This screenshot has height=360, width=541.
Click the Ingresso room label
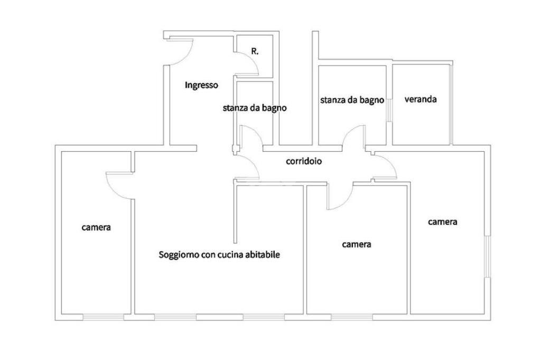[201, 85]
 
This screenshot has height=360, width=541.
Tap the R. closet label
[255, 52]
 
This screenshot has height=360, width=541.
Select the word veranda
[421, 99]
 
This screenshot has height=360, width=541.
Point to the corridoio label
[304, 161]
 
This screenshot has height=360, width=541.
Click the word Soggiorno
[179, 255]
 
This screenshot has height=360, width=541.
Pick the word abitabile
[260, 255]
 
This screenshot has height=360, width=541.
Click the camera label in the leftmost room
[96, 227]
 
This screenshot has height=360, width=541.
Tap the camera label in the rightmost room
[442, 222]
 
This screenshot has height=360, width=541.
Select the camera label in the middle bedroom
[357, 244]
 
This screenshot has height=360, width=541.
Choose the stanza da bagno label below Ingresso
[255, 108]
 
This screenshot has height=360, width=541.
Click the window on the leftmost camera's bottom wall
[103, 317]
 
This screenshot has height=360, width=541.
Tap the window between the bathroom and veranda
[389, 110]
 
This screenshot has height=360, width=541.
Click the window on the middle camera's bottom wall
[351, 317]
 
